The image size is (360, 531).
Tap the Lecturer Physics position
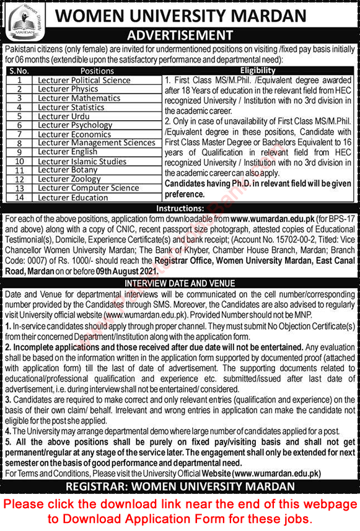pos(68,89)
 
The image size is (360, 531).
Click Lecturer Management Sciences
pos(96,143)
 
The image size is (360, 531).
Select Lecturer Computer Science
pos(88,188)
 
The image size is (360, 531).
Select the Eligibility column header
pos(258,71)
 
